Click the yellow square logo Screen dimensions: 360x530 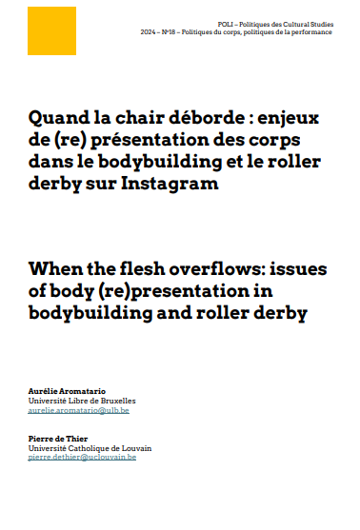point(50,31)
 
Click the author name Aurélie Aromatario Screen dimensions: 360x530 point(70,392)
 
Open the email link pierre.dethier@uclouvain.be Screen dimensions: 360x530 point(83,458)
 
